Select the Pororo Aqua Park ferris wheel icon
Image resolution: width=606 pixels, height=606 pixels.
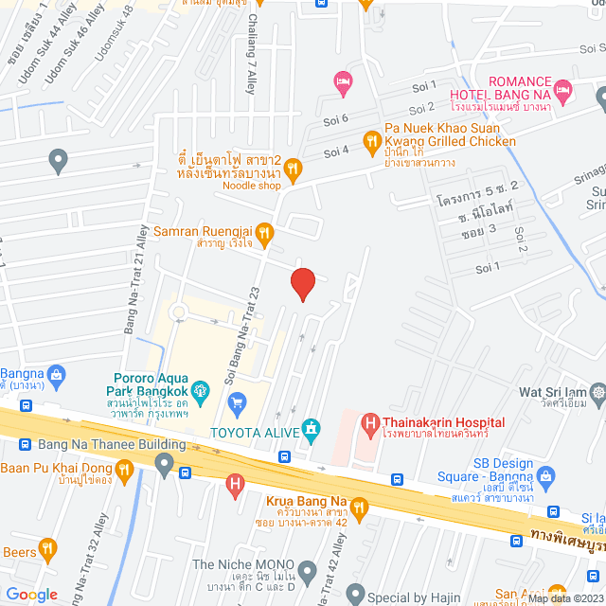click(201, 388)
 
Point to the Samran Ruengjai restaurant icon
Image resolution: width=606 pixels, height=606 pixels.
click(265, 230)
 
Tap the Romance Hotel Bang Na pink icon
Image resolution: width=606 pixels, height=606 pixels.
click(564, 92)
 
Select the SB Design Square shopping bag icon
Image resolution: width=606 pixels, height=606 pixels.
click(544, 475)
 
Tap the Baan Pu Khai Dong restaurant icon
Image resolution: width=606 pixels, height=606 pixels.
click(124, 469)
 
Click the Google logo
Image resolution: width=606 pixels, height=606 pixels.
click(31, 594)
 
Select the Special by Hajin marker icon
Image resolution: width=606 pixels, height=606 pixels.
click(355, 594)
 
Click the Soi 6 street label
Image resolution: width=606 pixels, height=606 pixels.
click(338, 117)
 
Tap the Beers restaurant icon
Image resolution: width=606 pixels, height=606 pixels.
click(47, 550)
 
